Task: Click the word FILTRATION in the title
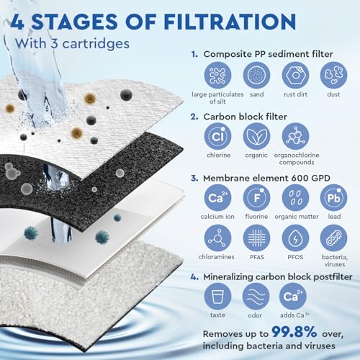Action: coord(230,22)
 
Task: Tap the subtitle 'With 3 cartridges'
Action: coord(72,43)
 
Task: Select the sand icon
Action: coord(256,75)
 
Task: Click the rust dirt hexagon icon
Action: coord(295,75)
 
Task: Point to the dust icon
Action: coord(333,75)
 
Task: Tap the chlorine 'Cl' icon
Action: coord(217,136)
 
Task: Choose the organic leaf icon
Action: coord(256,136)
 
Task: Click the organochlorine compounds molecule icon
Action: coord(295,136)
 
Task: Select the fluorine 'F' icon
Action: coord(256,198)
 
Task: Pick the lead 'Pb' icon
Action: coord(333,198)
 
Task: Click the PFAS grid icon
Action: coord(256,238)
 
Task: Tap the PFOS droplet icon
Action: coord(295,238)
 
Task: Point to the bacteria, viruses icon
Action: coord(333,238)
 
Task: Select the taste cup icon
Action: coord(217,297)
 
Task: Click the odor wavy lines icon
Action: coord(256,297)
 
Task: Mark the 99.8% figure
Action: coord(294,332)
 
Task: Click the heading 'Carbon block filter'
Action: coord(245,117)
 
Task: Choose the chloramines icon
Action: coord(217,238)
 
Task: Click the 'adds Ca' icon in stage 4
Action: coord(293,297)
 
